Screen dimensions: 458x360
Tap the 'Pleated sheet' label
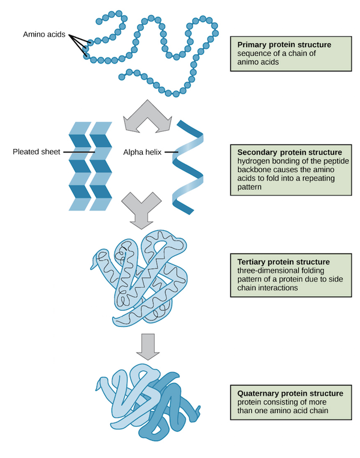pyautogui.click(x=36, y=152)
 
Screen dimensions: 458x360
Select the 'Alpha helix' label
pyautogui.click(x=142, y=152)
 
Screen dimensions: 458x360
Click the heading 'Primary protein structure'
pyautogui.click(x=284, y=44)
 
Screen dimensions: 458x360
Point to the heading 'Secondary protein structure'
pyautogui.click(x=290, y=152)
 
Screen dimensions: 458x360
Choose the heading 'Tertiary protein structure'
pyautogui.click(x=283, y=262)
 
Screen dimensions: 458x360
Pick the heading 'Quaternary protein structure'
pyautogui.click(x=290, y=393)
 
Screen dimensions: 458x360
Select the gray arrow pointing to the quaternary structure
pyautogui.click(x=146, y=344)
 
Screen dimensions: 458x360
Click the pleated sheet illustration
pyautogui.click(x=90, y=166)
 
